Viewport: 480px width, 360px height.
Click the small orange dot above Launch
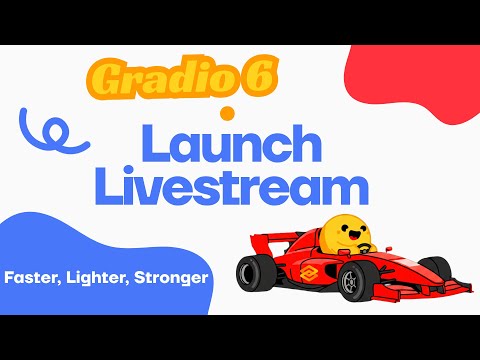coord(227,112)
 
